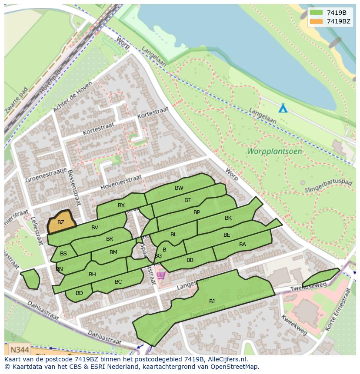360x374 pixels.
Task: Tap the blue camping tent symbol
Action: pyautogui.click(x=283, y=108)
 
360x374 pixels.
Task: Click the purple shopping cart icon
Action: pyautogui.click(x=161, y=275)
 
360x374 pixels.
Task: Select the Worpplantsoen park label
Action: pyautogui.click(x=274, y=152)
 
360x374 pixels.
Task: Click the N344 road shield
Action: pyautogui.click(x=19, y=349)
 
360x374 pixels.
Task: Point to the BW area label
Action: pyautogui.click(x=179, y=188)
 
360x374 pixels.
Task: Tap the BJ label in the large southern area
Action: pyautogui.click(x=212, y=301)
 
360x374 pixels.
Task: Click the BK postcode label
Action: pyautogui.click(x=228, y=218)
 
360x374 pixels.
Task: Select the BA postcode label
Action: pyautogui.click(x=243, y=245)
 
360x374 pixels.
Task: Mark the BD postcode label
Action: pyautogui.click(x=79, y=293)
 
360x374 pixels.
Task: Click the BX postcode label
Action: pyautogui.click(x=121, y=205)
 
